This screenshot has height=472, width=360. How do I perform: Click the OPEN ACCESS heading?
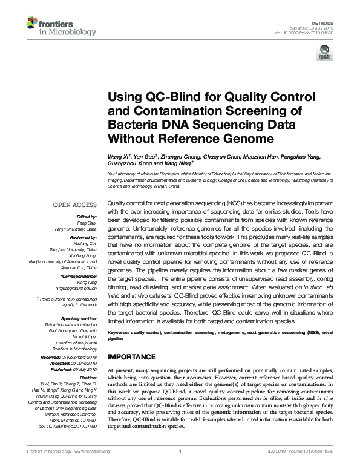tap(76, 205)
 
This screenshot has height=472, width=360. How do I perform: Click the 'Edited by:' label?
tap(87, 215)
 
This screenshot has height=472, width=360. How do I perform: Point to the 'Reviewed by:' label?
tap(84, 237)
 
